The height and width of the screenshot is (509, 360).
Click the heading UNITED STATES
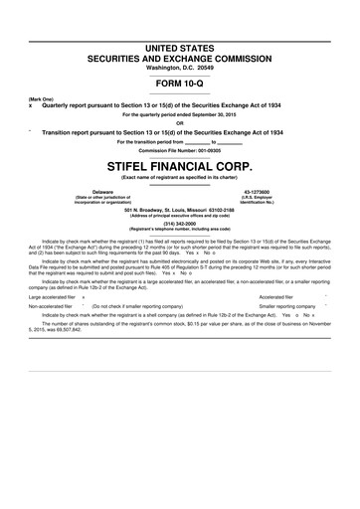[179, 49]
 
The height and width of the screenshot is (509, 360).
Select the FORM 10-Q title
[179, 84]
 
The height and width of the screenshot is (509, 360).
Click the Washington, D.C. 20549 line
[179, 68]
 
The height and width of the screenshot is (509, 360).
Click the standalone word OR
[179, 123]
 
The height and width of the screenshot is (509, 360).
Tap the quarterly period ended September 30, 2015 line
[179, 114]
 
